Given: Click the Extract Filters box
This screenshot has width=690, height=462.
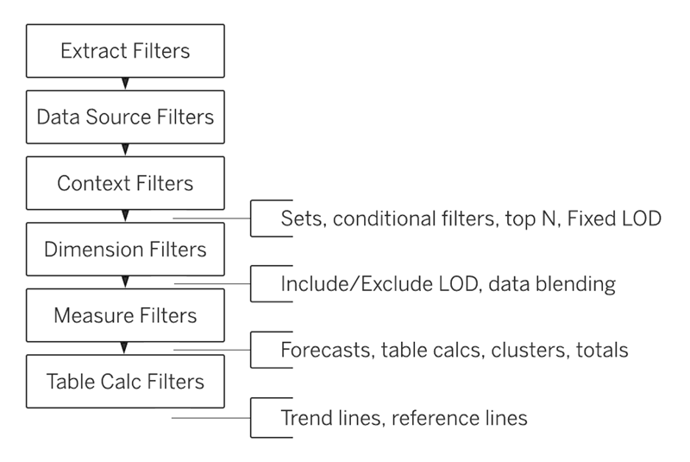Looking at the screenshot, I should tap(125, 51).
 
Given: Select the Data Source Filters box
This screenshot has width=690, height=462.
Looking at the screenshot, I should tap(125, 116).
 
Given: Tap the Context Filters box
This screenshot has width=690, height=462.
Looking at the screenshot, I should tap(125, 183).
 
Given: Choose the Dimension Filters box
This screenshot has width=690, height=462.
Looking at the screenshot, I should tap(125, 250).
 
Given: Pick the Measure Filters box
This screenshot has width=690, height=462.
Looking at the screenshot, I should tap(125, 314).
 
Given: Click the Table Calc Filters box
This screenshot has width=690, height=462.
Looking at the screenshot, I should tap(125, 381).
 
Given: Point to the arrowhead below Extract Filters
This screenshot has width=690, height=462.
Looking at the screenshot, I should tap(125, 84).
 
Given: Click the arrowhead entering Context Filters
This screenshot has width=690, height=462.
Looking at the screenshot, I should tap(125, 150).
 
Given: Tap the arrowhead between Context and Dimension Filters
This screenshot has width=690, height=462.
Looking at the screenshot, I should tap(125, 216).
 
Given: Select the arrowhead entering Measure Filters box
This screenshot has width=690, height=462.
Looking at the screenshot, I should tap(125, 282).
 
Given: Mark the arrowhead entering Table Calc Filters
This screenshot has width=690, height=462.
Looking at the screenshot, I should tap(125, 347).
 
